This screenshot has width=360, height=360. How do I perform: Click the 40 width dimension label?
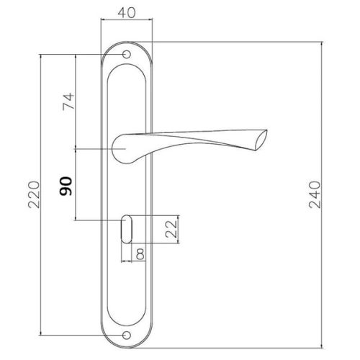coord(127,13)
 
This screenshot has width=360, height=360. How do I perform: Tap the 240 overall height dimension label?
coord(315,194)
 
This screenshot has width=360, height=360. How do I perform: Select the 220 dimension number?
coord(34,194)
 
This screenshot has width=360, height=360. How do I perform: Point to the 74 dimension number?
coord(68,102)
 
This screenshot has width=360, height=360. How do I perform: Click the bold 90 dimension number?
coord(66,186)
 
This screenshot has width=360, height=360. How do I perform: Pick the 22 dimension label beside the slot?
coord(171,229)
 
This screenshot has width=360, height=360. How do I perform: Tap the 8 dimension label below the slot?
coord(140,254)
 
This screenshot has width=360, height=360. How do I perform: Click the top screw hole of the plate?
coord(127,55)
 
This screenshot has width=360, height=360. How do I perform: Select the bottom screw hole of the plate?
coord(127,335)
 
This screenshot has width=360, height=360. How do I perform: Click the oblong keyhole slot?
coord(127,229)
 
